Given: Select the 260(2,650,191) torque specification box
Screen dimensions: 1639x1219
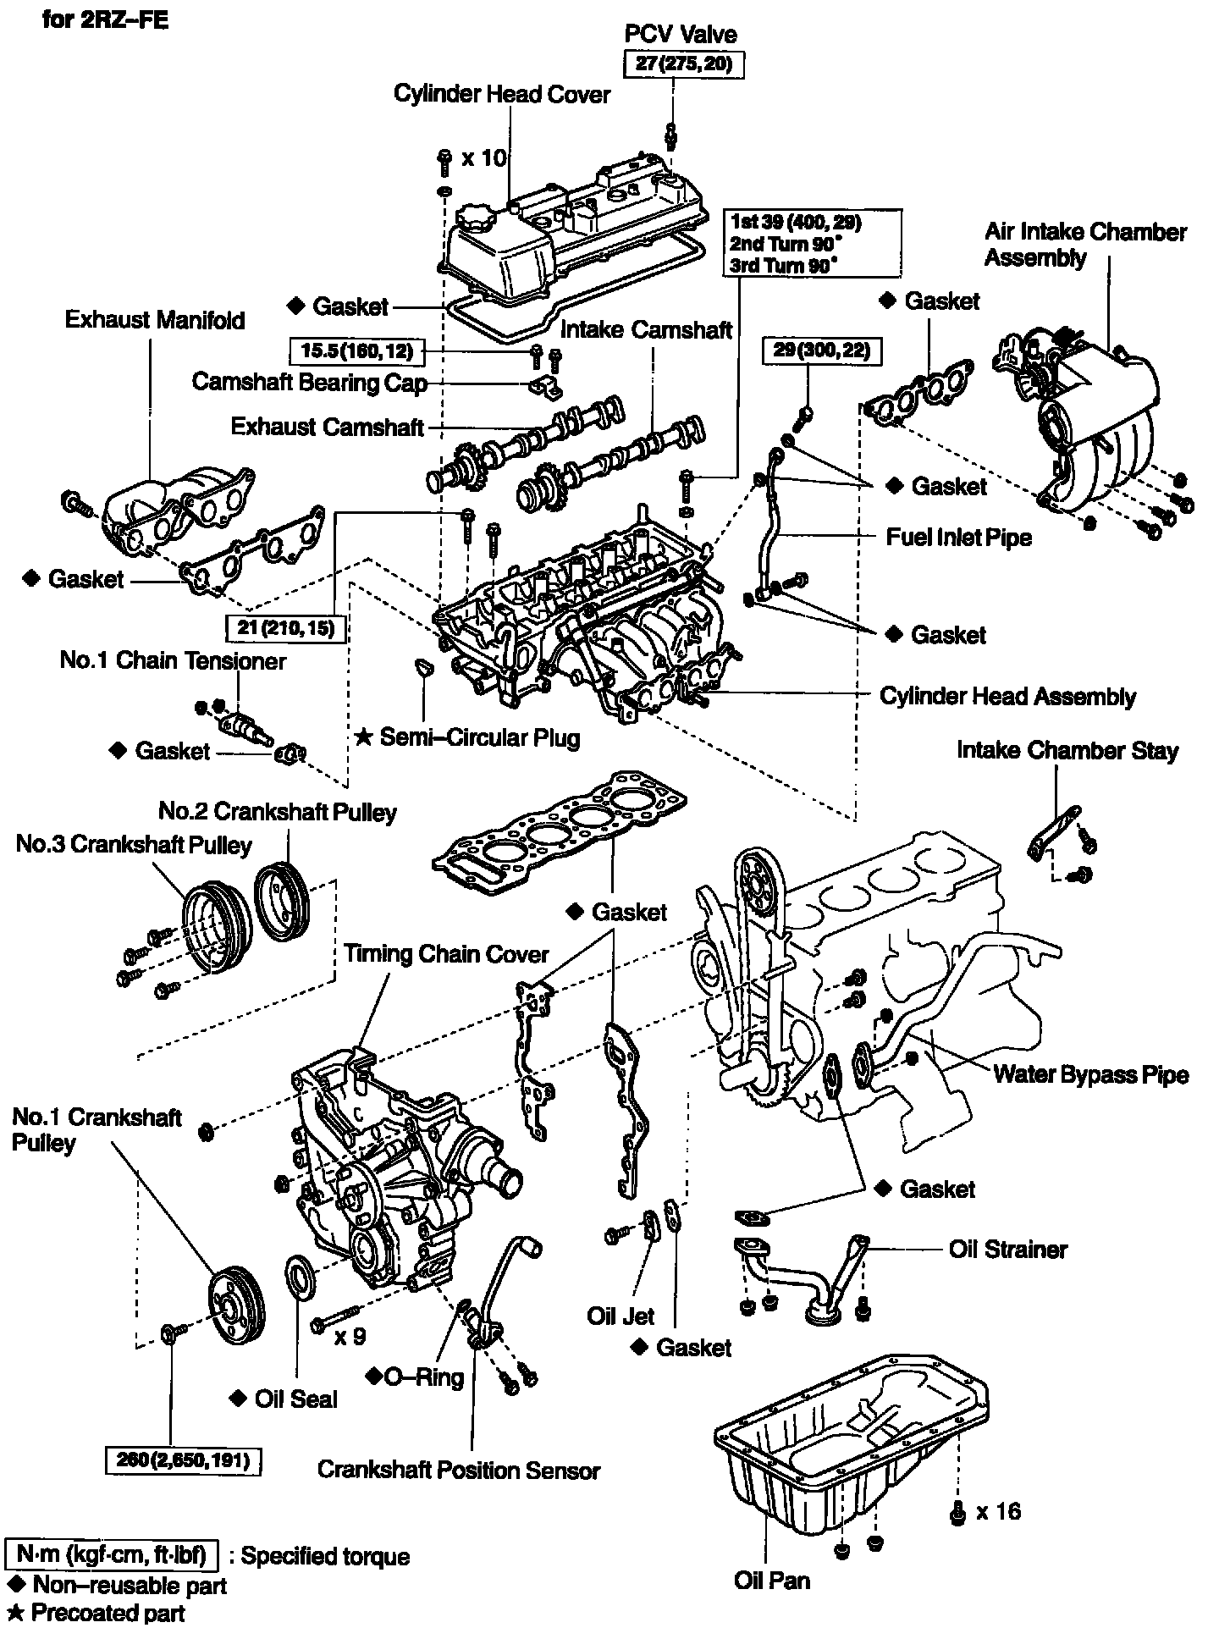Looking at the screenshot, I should point(182,1460).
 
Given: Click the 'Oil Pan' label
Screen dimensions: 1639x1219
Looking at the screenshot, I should point(771,1580).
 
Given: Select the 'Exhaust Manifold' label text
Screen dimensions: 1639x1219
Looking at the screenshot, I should point(155,320).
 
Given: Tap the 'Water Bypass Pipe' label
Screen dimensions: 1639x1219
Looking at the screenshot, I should point(1090,1074).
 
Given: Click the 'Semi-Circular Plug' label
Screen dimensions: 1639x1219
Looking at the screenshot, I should point(479,737).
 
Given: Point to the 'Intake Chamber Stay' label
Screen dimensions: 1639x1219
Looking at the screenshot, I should point(1067,750).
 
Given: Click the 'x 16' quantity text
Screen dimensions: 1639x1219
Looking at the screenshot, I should point(998,1511).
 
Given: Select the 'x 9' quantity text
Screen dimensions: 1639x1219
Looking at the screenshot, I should point(350,1336).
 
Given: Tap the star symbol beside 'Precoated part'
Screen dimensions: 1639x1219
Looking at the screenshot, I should point(14,1613).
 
